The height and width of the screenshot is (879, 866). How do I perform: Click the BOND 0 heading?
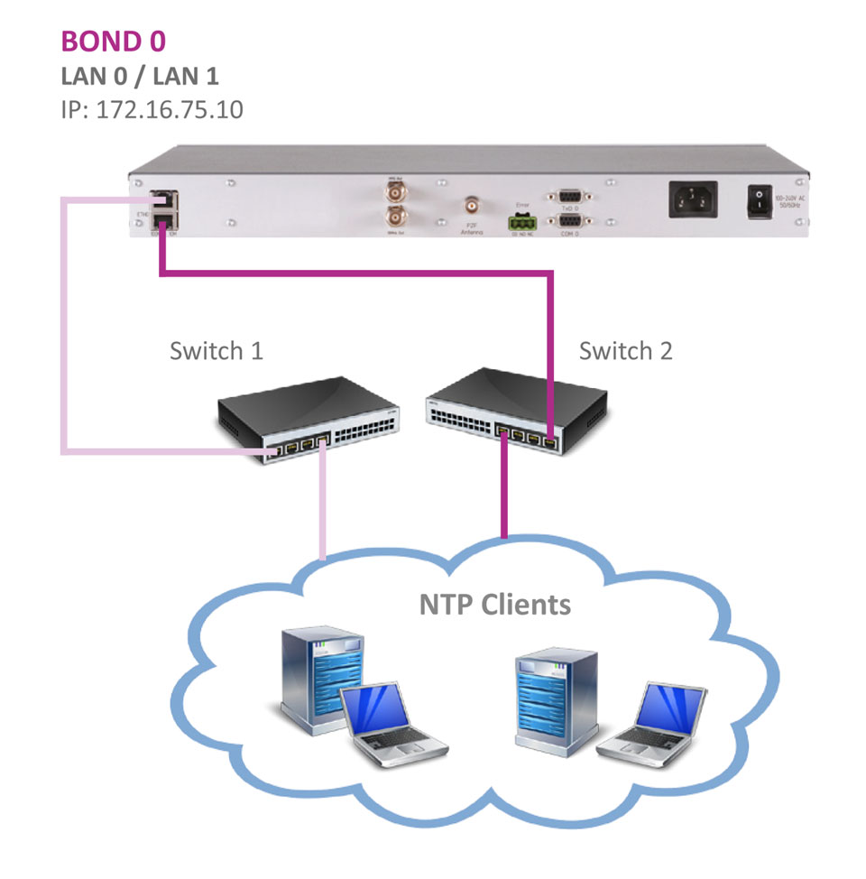pyautogui.click(x=113, y=41)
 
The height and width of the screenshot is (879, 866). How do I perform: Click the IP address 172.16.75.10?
pyautogui.click(x=152, y=110)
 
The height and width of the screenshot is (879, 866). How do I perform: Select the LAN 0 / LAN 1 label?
pyautogui.click(x=139, y=76)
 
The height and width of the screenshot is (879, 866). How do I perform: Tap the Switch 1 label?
pyautogui.click(x=216, y=350)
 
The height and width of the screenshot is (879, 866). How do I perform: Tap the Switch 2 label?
pyautogui.click(x=625, y=350)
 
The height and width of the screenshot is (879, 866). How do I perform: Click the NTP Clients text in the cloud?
pyautogui.click(x=494, y=603)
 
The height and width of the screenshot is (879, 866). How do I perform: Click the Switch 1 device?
pyautogui.click(x=307, y=419)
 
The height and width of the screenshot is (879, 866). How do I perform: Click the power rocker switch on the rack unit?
pyautogui.click(x=759, y=203)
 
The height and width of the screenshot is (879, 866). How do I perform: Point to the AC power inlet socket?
pyautogui.click(x=693, y=199)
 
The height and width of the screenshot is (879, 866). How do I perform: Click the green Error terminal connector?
pyautogui.click(x=521, y=220)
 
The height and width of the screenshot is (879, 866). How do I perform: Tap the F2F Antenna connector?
pyautogui.click(x=470, y=205)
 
